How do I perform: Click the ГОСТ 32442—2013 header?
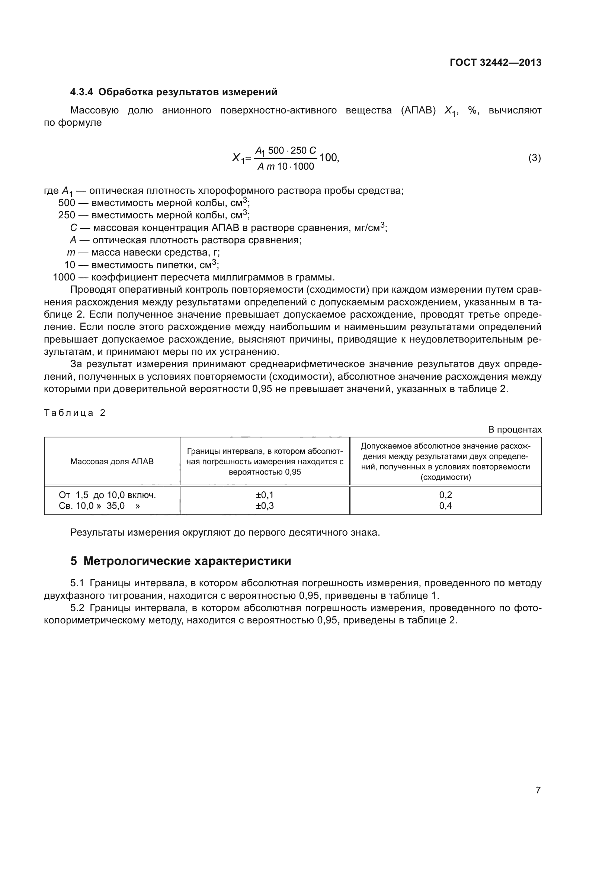(495, 62)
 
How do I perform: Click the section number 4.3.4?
(81, 92)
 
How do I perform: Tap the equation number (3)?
(534, 158)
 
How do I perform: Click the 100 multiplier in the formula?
(328, 157)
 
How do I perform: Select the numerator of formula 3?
(285, 150)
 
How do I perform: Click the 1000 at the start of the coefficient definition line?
(64, 277)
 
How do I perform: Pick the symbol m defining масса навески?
(71, 252)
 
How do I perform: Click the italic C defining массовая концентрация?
(74, 228)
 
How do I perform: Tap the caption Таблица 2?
(75, 413)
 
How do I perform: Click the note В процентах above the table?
(515, 430)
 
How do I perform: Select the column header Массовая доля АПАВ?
(112, 462)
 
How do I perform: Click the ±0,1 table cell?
(265, 495)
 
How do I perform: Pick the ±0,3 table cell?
(265, 506)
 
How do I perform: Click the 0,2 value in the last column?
(445, 495)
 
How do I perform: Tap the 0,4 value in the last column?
(445, 506)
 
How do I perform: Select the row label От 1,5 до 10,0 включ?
(107, 495)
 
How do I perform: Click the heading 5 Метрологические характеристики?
(180, 561)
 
